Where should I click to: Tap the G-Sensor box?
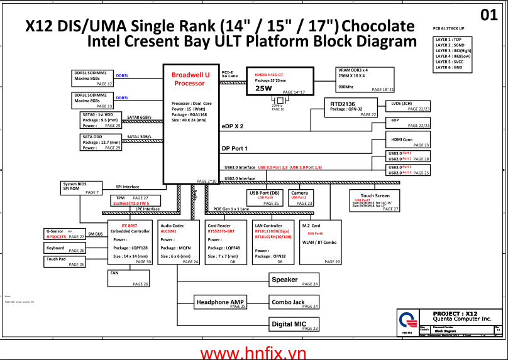pyautogui.click(x=65, y=234)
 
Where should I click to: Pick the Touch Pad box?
pyautogui.click(x=65, y=261)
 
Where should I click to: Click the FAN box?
pyautogui.click(x=130, y=278)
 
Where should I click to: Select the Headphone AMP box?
pyautogui.click(x=220, y=303)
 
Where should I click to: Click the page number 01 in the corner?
pyautogui.click(x=489, y=15)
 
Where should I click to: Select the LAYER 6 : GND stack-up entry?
pyautogui.click(x=449, y=67)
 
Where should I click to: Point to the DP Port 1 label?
pyautogui.click(x=235, y=148)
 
